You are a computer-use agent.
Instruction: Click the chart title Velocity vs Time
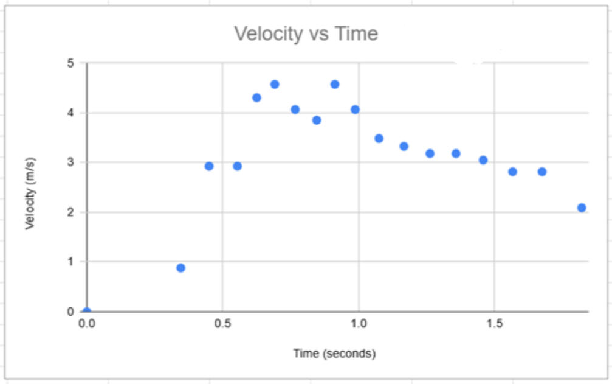click(x=306, y=33)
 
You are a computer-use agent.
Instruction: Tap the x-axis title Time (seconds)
click(x=334, y=353)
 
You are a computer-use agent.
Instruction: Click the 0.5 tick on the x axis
click(x=222, y=324)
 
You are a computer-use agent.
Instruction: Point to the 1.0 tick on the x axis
click(x=359, y=324)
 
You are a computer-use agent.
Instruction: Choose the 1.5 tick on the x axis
click(x=494, y=324)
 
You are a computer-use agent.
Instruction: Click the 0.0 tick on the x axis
click(x=87, y=324)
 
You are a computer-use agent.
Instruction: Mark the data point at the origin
click(x=87, y=311)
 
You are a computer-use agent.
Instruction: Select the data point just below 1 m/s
click(x=181, y=268)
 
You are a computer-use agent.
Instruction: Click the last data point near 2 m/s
click(x=582, y=208)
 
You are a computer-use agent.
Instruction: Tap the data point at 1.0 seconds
click(x=355, y=110)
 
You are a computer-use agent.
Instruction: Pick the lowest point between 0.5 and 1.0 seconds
click(x=237, y=166)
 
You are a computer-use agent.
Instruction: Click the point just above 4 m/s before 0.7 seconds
click(x=256, y=97)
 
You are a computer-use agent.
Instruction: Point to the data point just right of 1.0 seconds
click(x=379, y=138)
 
